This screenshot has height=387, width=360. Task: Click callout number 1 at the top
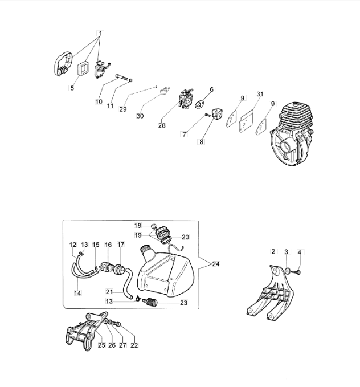pyautogui.click(x=100, y=33)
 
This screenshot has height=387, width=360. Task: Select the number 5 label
pyautogui.click(x=72, y=88)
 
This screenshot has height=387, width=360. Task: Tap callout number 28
pyautogui.click(x=162, y=125)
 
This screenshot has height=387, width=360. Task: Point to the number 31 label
pyautogui.click(x=260, y=94)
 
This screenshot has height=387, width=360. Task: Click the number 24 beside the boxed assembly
pyautogui.click(x=216, y=264)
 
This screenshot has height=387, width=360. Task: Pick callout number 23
pyautogui.click(x=184, y=303)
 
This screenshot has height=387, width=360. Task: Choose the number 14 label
pyautogui.click(x=77, y=293)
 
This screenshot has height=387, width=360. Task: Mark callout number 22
pyautogui.click(x=134, y=345)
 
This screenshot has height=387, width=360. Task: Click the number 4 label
pyautogui.click(x=299, y=252)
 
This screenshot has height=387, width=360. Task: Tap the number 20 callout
pyautogui.click(x=185, y=237)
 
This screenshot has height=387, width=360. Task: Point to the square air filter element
pyautogui.click(x=84, y=68)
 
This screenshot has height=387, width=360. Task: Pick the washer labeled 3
pyautogui.click(x=288, y=271)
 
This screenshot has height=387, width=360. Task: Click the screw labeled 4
pyautogui.click(x=296, y=272)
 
